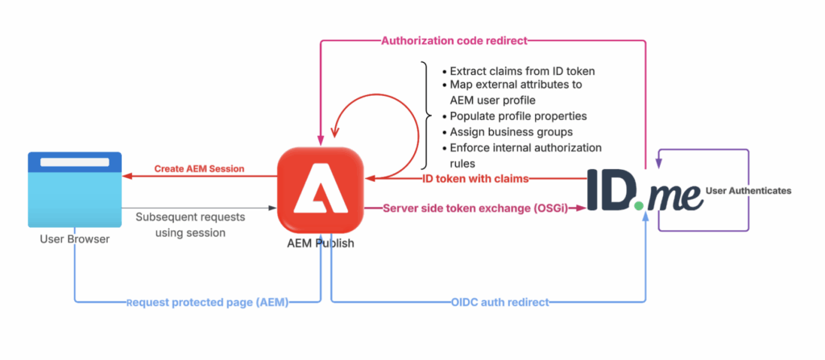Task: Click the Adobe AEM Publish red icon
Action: click(320, 191)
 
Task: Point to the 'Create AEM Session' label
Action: click(199, 169)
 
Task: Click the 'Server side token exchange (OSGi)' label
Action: click(475, 208)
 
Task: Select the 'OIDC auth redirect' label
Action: click(500, 302)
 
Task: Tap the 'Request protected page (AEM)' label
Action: click(208, 303)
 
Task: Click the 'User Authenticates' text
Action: click(748, 191)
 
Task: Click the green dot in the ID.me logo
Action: click(639, 206)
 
